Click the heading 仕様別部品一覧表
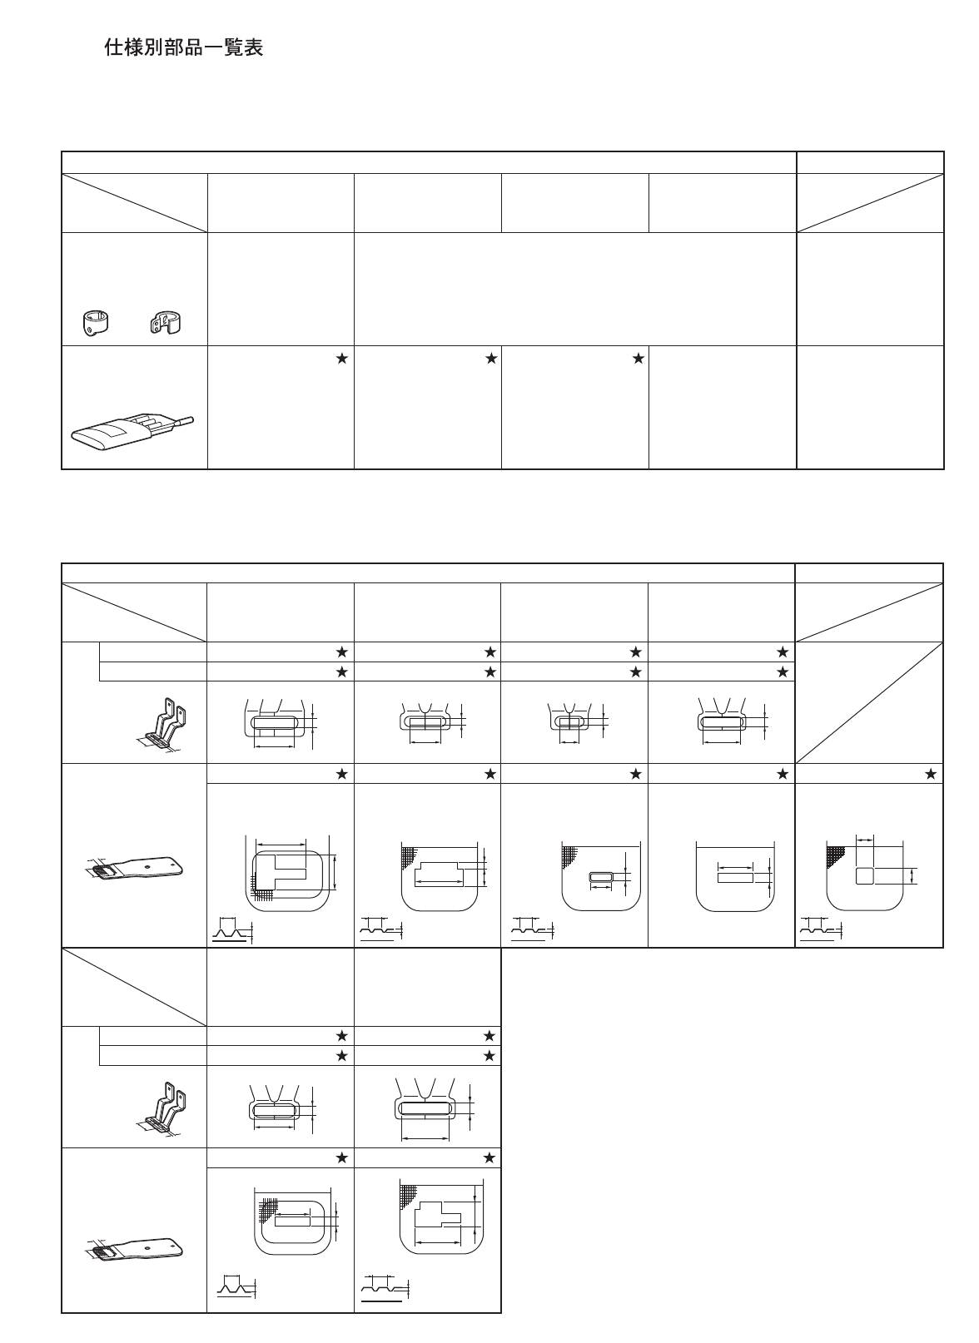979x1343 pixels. pos(183,48)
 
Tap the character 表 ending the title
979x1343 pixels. pos(254,48)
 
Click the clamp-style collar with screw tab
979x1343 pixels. pos(163,324)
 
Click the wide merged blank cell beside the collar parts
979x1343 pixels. pos(574,289)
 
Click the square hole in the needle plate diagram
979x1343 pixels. pos(865,875)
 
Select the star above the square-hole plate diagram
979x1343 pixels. pos(931,774)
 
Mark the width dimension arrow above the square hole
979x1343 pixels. pos(866,840)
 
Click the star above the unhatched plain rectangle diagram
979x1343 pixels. pos(783,774)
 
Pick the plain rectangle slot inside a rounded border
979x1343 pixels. pos(291,1220)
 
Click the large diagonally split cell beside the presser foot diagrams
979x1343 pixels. pos(869,702)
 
